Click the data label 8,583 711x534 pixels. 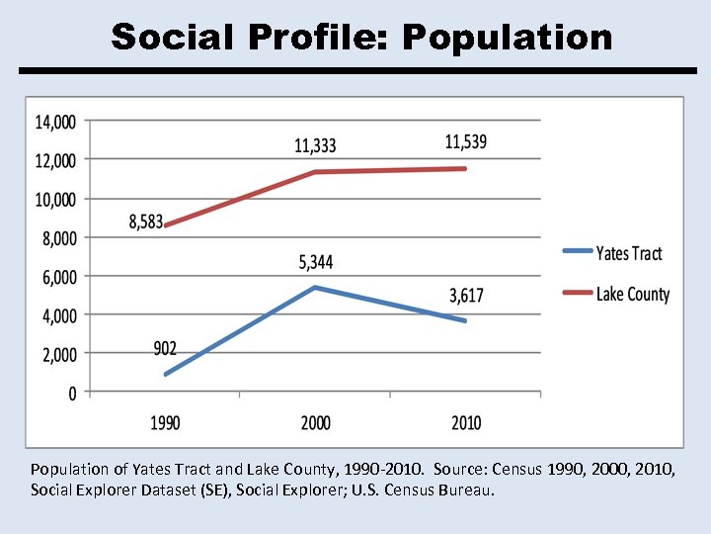[146, 222]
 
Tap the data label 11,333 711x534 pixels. [315, 146]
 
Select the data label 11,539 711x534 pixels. [465, 142]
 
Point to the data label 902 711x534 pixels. [166, 348]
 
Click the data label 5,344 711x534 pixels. [315, 263]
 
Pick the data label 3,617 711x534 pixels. [466, 296]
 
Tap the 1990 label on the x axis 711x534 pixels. [165, 423]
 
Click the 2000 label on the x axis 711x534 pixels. [315, 423]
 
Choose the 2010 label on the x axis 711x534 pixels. [466, 423]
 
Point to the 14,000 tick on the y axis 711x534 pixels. [55, 123]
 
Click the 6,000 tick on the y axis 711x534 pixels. [58, 278]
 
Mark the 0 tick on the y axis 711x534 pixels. [72, 394]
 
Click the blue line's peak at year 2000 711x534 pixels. [315, 288]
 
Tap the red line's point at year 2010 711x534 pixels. [465, 169]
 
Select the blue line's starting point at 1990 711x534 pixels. [166, 375]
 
